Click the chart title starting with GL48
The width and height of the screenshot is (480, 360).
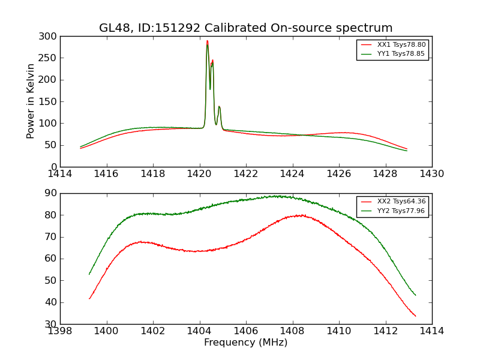(246, 28)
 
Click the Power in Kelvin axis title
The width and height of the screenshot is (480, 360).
(31, 101)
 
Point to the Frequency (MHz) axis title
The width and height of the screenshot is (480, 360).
(246, 343)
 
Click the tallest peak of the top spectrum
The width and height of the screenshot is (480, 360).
(207, 41)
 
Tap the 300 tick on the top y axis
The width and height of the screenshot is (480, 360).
(50, 37)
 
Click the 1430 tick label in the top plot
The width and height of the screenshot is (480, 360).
(432, 174)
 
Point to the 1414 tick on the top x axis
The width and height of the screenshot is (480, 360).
(60, 174)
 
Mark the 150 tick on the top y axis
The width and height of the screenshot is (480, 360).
(50, 101)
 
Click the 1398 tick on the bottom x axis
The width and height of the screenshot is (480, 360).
(60, 331)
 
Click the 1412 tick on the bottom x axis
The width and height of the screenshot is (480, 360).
(385, 331)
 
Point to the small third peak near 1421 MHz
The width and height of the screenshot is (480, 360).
(219, 107)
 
